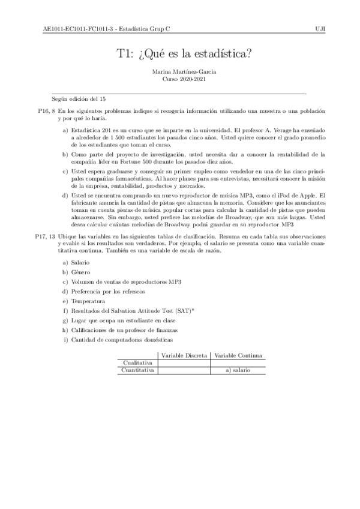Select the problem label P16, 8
(46, 112)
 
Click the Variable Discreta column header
(184, 355)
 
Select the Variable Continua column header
(238, 355)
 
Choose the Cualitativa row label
(137, 363)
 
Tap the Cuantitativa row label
(137, 370)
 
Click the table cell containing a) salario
(238, 370)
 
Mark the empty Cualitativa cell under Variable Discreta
(184, 363)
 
